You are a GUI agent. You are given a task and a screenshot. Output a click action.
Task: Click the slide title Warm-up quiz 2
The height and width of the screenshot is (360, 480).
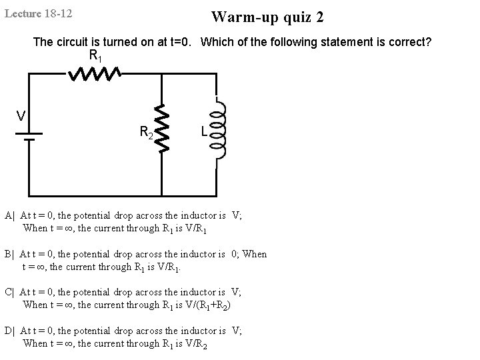(x=268, y=17)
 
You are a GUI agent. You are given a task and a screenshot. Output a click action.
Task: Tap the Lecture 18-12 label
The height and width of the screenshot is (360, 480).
(x=39, y=13)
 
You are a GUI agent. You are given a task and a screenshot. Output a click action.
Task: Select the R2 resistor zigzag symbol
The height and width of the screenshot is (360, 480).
(x=161, y=126)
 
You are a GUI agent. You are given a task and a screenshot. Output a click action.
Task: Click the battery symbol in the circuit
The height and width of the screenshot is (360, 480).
(x=28, y=137)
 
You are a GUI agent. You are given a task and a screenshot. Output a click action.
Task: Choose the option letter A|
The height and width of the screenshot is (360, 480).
(x=9, y=215)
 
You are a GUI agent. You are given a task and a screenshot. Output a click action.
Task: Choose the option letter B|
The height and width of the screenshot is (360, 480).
(x=9, y=254)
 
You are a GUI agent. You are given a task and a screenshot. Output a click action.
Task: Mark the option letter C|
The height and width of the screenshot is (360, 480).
(x=9, y=292)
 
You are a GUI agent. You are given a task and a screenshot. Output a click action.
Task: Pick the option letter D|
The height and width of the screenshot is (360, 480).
(x=9, y=331)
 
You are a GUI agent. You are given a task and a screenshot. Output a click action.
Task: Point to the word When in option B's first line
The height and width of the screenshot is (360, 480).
(x=255, y=254)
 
